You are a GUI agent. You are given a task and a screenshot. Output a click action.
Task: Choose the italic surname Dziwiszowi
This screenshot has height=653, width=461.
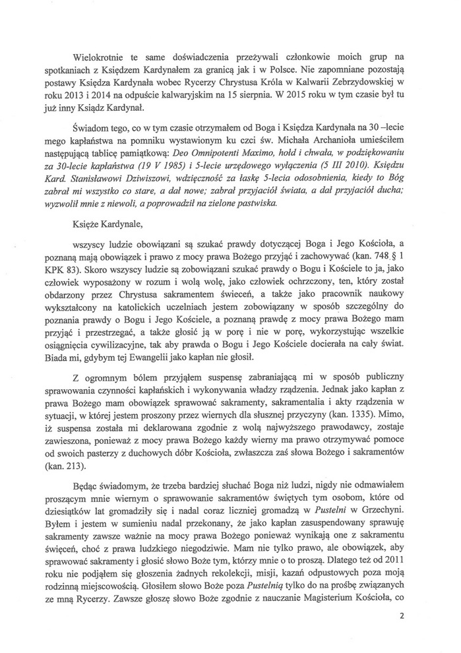123,181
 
